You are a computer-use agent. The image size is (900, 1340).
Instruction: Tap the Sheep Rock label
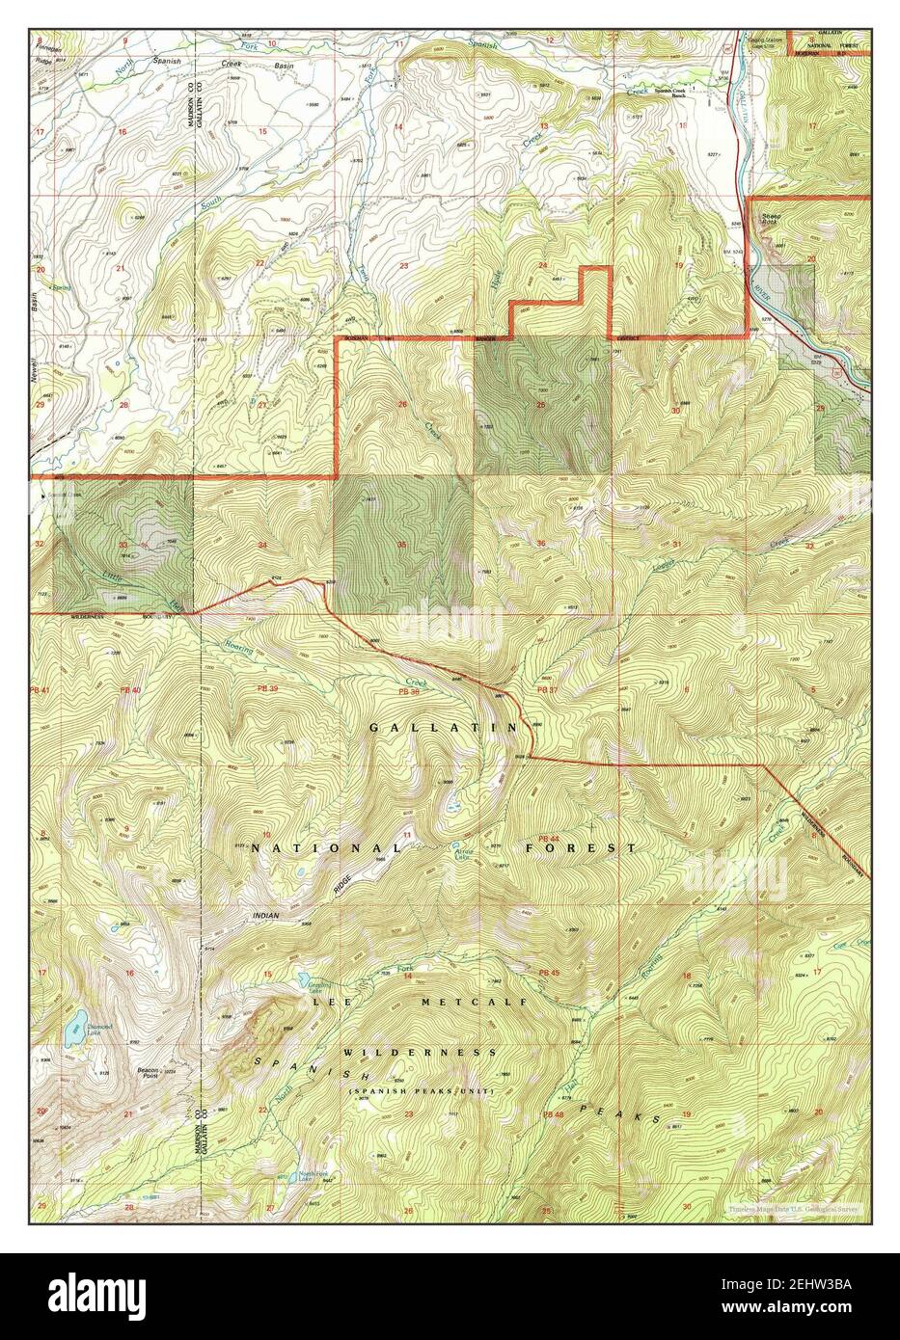771,220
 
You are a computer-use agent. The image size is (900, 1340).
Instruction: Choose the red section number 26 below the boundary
402,404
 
